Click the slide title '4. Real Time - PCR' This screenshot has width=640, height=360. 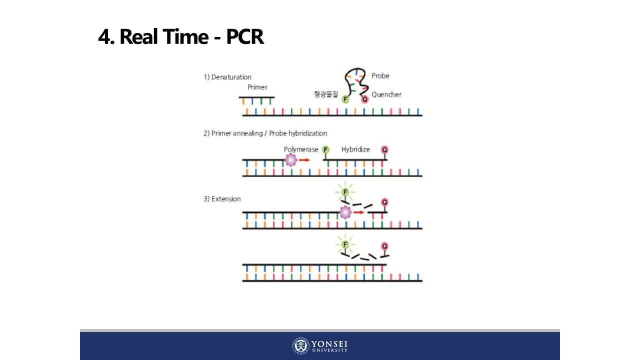(x=181, y=37)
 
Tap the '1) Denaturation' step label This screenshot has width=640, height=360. (x=227, y=77)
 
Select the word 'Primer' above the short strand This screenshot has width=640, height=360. (x=257, y=87)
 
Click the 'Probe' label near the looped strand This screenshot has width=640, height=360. (x=380, y=76)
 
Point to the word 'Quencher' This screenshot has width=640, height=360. (x=386, y=94)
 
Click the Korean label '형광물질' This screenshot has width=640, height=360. (x=325, y=94)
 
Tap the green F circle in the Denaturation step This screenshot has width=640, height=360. (x=345, y=99)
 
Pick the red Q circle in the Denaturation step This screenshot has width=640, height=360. (x=364, y=99)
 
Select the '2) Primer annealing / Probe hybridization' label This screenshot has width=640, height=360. (x=265, y=133)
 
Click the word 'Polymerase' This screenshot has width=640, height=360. (x=301, y=149)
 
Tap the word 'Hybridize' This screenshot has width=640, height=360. (x=355, y=149)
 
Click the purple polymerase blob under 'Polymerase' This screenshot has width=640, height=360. (x=290, y=160)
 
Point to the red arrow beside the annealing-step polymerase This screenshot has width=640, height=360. (x=304, y=160)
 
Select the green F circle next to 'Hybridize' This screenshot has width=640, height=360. (x=326, y=149)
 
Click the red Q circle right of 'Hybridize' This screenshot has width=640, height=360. (x=384, y=149)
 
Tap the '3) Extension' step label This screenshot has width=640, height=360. (x=222, y=199)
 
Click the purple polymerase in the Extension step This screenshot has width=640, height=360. (x=345, y=212)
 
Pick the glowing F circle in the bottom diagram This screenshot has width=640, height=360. (x=344, y=245)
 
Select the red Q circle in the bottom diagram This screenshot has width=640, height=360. (x=384, y=246)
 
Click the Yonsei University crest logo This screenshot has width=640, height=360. (x=301, y=346)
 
